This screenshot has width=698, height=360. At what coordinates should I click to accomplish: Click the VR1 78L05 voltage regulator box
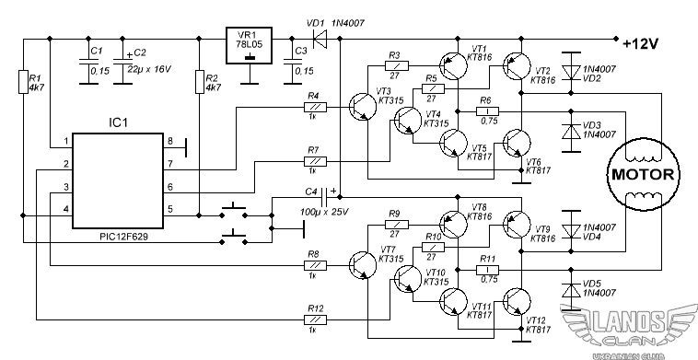point(250,45)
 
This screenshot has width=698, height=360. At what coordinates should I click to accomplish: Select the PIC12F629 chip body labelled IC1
point(118,180)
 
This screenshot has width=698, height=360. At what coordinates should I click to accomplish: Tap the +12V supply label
point(641,44)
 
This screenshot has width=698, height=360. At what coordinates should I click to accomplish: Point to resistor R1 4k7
point(23,81)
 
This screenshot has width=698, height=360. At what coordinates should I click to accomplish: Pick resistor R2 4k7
point(200,81)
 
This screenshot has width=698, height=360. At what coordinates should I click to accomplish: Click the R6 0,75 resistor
point(488,111)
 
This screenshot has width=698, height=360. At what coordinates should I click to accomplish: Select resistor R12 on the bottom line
point(315,319)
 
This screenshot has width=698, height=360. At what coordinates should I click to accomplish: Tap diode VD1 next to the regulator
point(320,39)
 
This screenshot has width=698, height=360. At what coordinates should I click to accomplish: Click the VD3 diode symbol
point(571,132)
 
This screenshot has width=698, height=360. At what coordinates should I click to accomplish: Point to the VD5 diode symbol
point(571,290)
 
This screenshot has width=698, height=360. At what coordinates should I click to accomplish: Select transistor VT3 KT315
point(363,107)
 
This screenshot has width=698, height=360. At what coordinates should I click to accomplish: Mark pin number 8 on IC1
point(169,142)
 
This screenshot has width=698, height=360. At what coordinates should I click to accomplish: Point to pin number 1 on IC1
point(66,142)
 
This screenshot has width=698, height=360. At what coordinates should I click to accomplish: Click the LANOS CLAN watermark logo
point(629,330)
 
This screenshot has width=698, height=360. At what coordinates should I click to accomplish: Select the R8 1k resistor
point(315,266)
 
